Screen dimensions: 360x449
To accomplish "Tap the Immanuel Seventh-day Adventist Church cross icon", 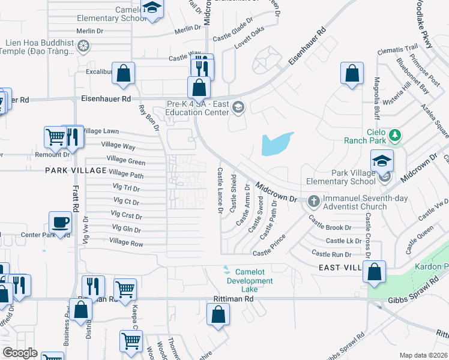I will tap(313, 201).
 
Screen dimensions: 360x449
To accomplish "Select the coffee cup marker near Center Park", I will tap(60, 222).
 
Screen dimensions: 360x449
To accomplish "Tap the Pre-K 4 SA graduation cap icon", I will tap(238, 107).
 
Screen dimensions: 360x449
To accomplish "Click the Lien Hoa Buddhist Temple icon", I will tap(85, 46).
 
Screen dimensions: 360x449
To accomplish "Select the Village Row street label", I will tap(126, 242).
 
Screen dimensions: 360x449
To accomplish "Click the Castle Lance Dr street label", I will tap(220, 191).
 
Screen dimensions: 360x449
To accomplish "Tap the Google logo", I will tap(20, 353).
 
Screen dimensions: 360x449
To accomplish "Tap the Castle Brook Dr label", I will tap(330, 227).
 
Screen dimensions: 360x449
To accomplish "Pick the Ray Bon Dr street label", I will tap(149, 118).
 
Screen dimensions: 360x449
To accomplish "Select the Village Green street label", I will tap(126, 161).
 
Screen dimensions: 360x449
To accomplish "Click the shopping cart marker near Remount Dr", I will tap(55, 137).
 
